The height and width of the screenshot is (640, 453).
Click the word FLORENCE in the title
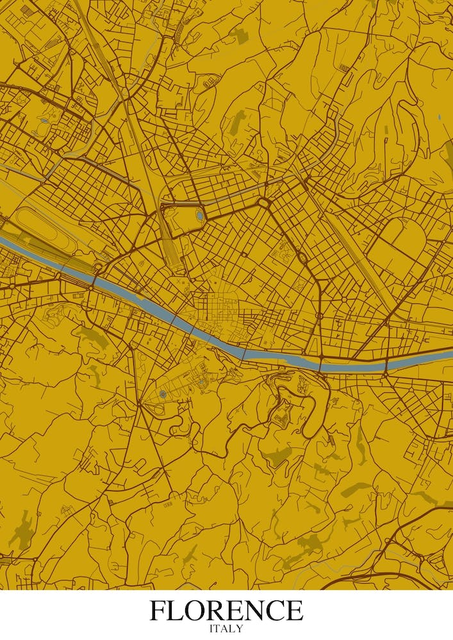226,610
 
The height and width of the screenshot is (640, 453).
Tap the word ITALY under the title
226,628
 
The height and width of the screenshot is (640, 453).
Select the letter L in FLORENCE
179,610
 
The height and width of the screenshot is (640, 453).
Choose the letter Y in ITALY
240,628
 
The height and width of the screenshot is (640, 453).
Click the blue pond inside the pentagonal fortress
200,216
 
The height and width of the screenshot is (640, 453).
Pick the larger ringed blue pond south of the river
163,394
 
